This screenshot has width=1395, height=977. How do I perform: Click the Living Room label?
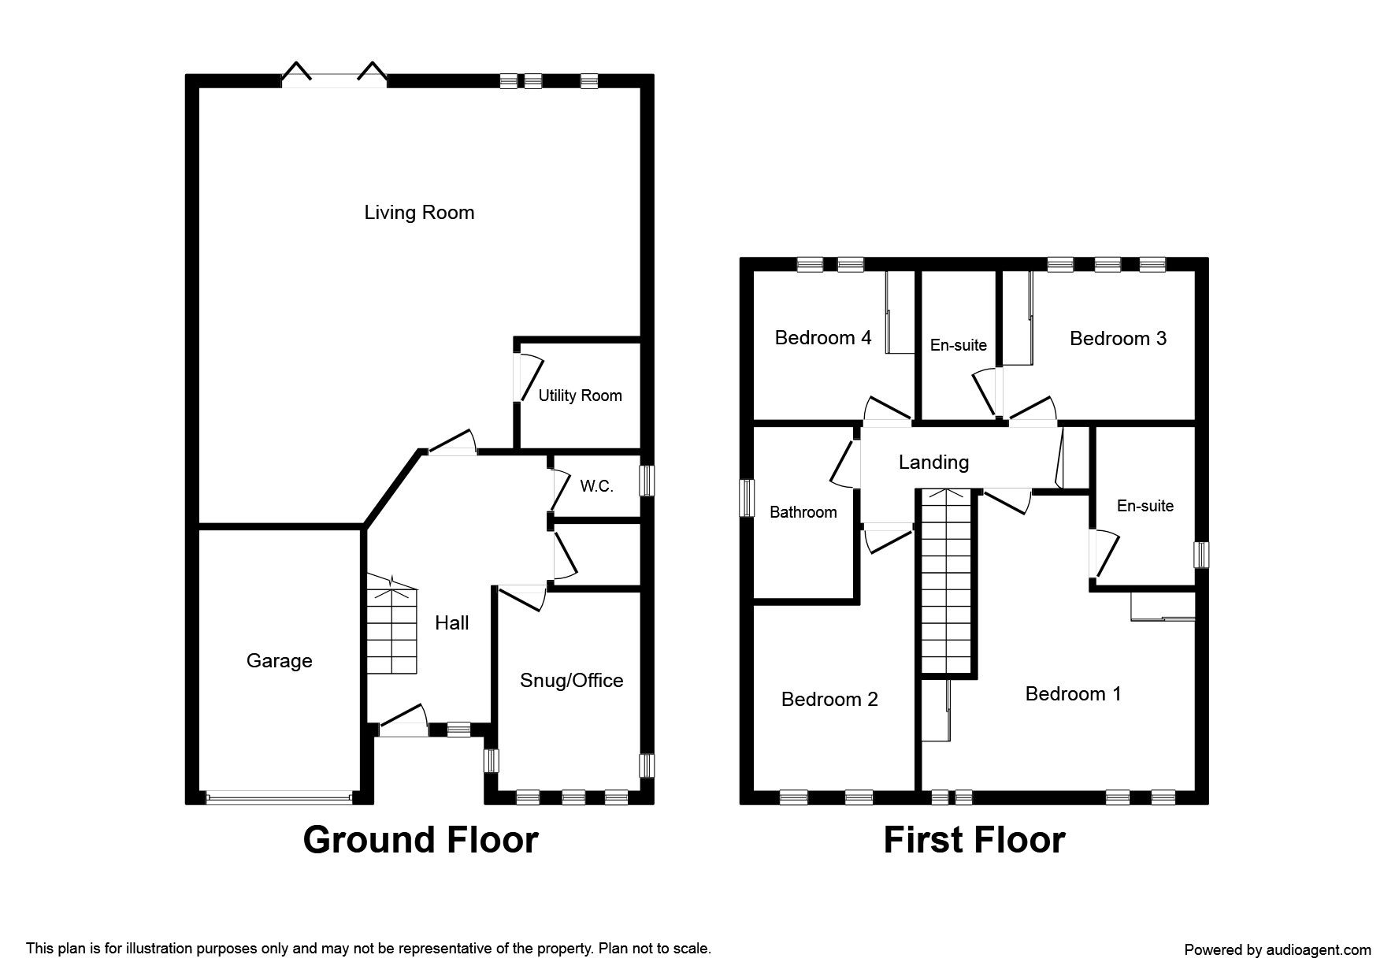(419, 213)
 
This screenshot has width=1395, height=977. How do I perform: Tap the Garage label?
(280, 661)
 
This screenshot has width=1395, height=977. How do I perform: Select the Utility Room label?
(581, 396)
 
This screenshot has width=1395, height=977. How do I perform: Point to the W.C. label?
(596, 486)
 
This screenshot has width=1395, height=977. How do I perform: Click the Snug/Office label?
(572, 681)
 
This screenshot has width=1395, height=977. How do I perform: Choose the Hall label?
(452, 623)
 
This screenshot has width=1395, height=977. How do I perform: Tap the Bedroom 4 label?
(823, 338)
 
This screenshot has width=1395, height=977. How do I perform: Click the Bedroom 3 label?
(1119, 339)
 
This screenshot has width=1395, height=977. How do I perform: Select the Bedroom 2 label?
(829, 700)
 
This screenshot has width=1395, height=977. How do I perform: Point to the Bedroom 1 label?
(1074, 694)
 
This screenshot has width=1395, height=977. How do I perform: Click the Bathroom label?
(803, 512)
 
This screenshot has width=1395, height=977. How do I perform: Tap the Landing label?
(934, 462)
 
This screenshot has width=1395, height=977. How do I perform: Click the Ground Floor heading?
(421, 840)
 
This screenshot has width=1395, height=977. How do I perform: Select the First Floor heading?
(974, 840)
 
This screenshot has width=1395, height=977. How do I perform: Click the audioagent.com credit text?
(1278, 950)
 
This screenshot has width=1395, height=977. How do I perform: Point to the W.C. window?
(647, 481)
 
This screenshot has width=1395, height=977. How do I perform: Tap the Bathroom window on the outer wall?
(747, 499)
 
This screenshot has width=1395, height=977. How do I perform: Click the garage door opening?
(279, 798)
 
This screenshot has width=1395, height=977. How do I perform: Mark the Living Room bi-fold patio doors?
(335, 74)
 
